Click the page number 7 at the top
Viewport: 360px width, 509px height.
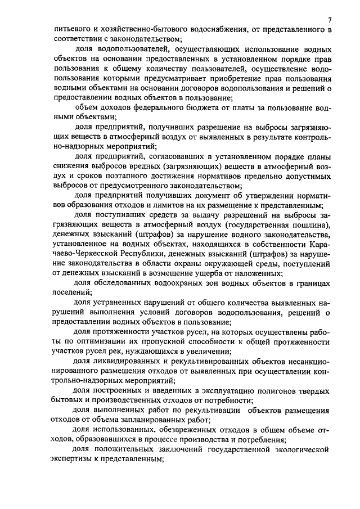pyautogui.click(x=329, y=20)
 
